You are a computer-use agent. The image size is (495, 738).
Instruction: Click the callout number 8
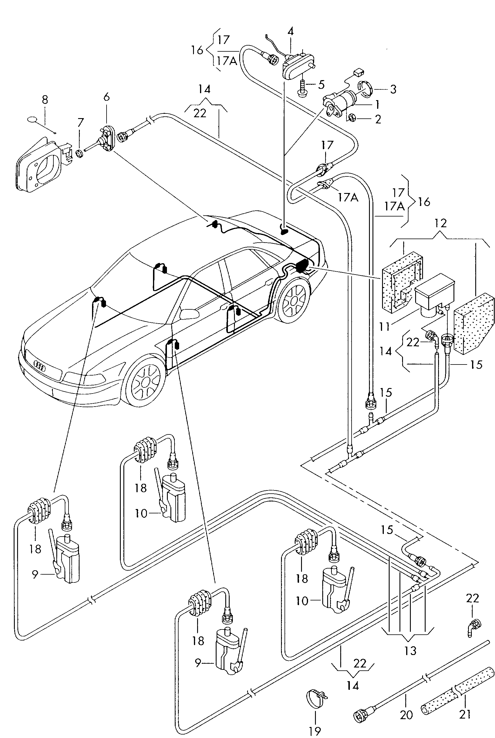coord(45,100)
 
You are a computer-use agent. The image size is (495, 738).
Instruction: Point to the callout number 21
coord(465,713)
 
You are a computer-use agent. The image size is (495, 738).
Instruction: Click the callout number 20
coord(406,714)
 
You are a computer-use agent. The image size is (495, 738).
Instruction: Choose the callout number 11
coord(384,326)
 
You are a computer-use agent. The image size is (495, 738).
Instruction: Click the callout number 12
coord(441,223)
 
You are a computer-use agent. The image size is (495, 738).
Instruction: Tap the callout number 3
coord(393,89)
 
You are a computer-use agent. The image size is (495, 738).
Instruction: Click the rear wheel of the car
coord(294,300)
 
